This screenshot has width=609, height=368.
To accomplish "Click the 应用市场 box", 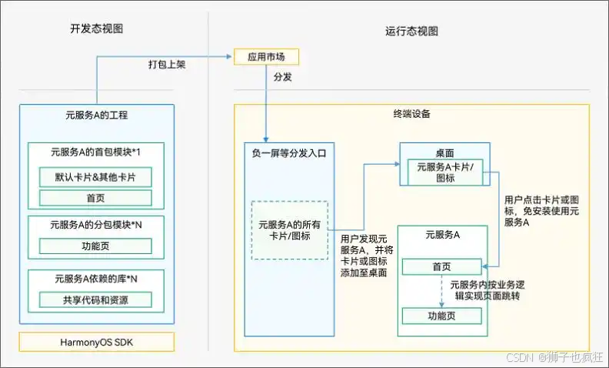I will click(266, 57).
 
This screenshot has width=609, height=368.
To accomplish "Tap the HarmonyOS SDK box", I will click(96, 341).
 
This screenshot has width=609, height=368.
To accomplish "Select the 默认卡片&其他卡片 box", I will click(96, 177).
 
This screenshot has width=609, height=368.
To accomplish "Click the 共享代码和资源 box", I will click(96, 300).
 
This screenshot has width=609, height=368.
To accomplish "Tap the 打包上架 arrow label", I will click(167, 65).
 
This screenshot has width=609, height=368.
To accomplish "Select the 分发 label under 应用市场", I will click(282, 78).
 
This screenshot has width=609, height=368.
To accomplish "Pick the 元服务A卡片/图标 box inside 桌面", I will click(445, 172).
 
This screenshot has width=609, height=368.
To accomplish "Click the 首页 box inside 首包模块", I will click(96, 198).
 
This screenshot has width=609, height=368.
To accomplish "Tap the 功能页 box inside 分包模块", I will click(96, 247).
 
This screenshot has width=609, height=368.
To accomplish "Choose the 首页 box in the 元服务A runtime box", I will click(441, 266).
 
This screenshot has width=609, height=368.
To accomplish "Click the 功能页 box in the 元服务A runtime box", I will click(441, 316).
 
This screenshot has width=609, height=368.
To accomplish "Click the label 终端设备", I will click(411, 114).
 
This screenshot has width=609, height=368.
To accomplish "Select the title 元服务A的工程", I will click(96, 116).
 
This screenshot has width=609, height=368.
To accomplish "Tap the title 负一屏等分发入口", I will click(289, 154).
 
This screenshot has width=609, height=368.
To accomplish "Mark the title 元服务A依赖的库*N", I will click(96, 279).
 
